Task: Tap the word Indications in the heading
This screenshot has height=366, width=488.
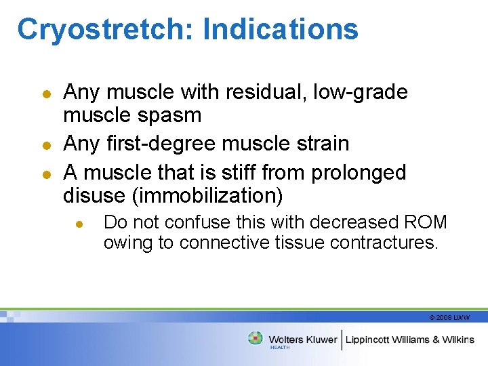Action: [x=280, y=30]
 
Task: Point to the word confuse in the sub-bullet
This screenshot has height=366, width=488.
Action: [x=195, y=222]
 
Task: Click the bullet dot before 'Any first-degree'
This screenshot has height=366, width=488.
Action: [x=46, y=144]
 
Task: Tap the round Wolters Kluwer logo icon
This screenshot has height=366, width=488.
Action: [x=256, y=338]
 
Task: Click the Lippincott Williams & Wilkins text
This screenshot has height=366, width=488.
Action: [x=410, y=340]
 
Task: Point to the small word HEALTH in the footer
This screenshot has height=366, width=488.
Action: [x=280, y=348]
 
